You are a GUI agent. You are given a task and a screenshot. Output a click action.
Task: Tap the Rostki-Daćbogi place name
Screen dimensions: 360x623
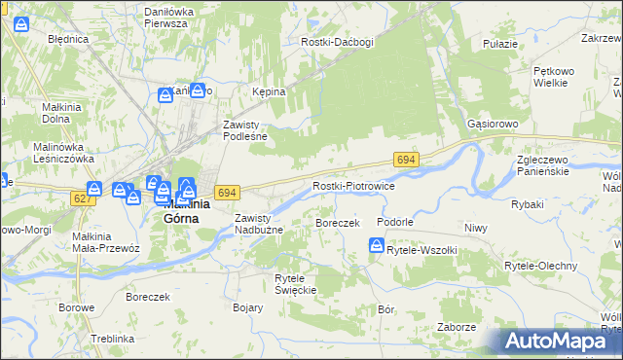click(x=338, y=43)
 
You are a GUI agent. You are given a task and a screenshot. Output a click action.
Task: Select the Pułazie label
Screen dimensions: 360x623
click(x=499, y=45)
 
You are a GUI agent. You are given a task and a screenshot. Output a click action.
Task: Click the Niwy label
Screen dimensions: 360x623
click(x=475, y=228)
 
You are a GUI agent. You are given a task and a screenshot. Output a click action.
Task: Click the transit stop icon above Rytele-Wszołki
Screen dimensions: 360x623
click(x=376, y=246)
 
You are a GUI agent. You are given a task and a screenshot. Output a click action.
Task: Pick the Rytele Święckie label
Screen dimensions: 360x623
click(x=296, y=284)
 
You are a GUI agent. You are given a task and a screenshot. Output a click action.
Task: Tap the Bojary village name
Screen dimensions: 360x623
click(x=248, y=307)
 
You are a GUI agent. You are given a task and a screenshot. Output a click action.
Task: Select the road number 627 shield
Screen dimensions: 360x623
click(x=84, y=198)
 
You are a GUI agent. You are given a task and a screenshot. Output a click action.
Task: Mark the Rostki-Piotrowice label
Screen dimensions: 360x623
click(x=352, y=186)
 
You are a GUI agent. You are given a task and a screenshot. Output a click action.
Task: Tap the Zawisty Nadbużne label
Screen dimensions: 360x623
click(x=258, y=224)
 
